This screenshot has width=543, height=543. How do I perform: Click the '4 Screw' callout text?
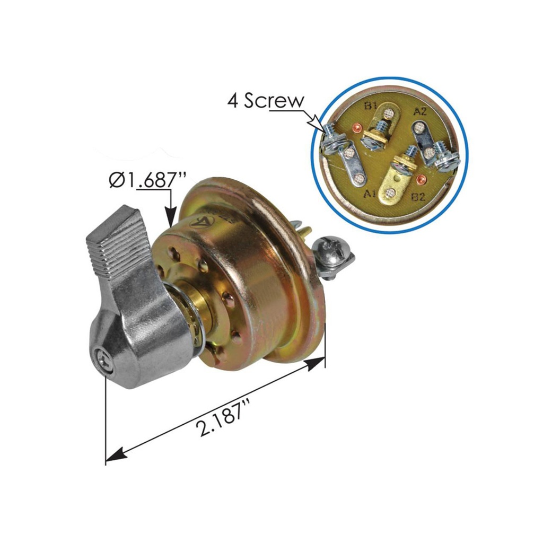(x=266, y=101)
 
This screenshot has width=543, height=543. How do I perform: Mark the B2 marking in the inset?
(x=419, y=198)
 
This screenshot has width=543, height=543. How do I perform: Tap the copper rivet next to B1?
(x=356, y=128)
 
